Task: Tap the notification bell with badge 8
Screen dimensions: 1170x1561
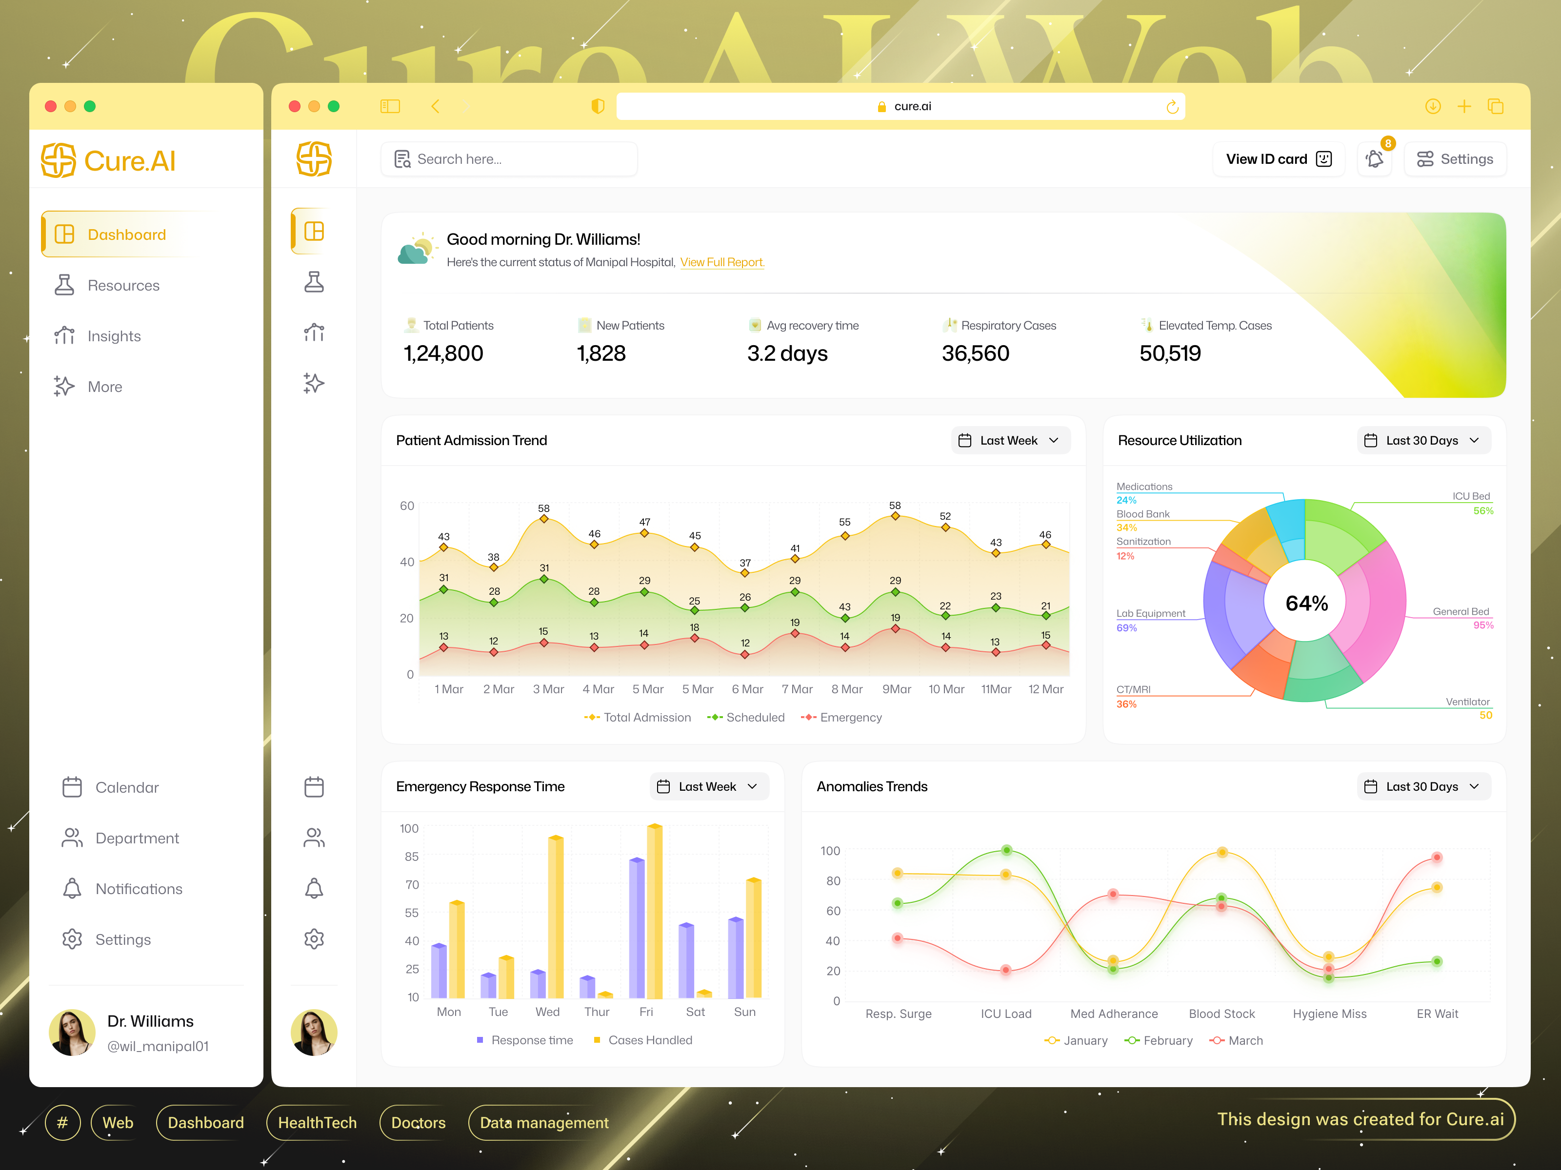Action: (1374, 159)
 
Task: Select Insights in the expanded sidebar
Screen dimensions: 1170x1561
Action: (114, 336)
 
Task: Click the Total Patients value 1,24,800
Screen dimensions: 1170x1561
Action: (443, 353)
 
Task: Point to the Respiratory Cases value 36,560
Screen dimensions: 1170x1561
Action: (975, 353)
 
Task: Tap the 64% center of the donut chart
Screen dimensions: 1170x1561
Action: (1306, 603)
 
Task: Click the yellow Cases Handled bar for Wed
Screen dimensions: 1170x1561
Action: (556, 917)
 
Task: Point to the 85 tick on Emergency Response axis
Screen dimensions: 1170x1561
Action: (411, 856)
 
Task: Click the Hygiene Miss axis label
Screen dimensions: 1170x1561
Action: (1329, 1014)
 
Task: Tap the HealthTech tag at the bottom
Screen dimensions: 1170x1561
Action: (317, 1123)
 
